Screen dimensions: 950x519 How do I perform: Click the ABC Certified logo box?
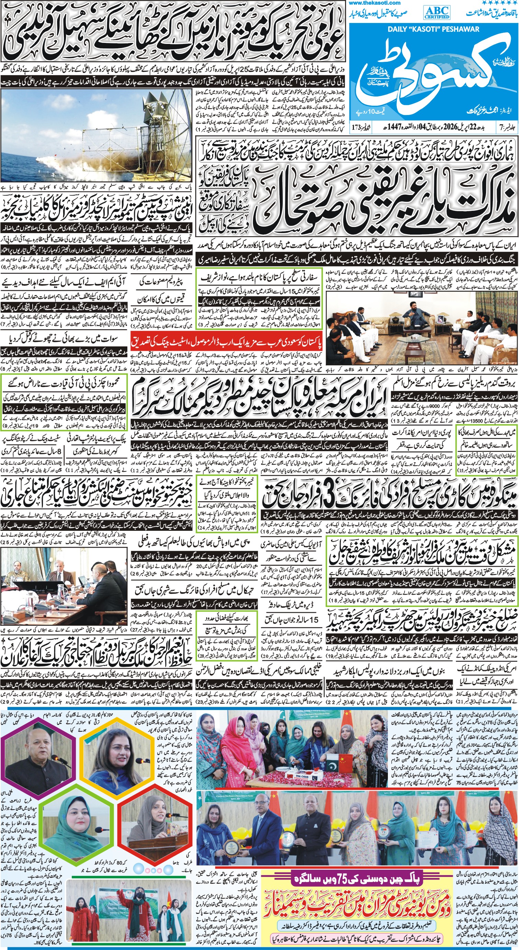tap(438, 12)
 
